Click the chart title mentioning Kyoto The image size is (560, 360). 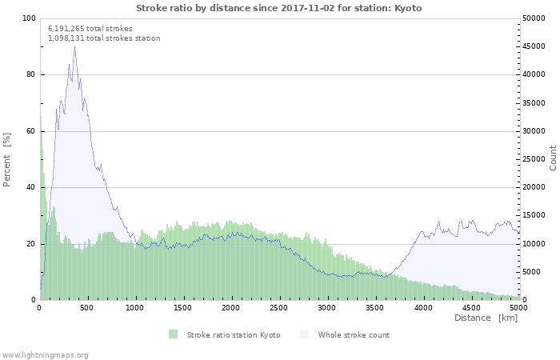[x=278, y=8]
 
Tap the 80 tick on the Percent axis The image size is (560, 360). [x=30, y=75]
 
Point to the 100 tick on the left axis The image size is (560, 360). [x=29, y=18]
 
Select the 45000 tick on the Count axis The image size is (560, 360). [x=535, y=46]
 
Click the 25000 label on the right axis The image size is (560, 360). [x=535, y=159]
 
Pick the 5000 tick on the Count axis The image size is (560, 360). [x=533, y=272]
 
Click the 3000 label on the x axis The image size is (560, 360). [x=326, y=307]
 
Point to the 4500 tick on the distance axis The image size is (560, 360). [x=470, y=307]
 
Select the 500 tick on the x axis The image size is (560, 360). [x=88, y=307]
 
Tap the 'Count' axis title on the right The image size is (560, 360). [x=553, y=158]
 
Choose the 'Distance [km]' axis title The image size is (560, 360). [x=486, y=318]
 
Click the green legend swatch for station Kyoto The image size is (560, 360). [x=174, y=334]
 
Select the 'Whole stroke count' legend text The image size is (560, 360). [x=354, y=334]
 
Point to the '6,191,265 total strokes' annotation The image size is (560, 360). [x=90, y=29]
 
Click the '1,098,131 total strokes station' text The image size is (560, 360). [x=104, y=38]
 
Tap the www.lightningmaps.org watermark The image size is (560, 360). [x=45, y=354]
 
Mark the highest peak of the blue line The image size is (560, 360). [x=75, y=46]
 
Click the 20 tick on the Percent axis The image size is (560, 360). [x=30, y=244]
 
